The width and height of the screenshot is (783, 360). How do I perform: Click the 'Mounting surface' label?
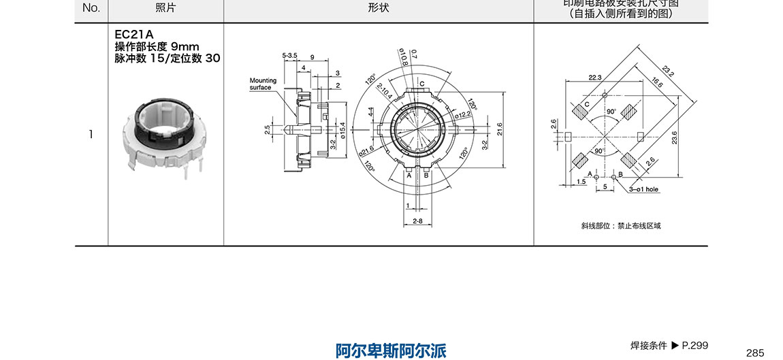[263, 84]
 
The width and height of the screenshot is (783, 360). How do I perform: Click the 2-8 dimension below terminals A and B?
[418, 221]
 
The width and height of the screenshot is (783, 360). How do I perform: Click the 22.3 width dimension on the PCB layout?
[595, 78]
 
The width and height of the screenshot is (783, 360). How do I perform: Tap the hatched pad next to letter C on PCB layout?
[581, 110]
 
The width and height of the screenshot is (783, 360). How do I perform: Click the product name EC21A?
[134, 35]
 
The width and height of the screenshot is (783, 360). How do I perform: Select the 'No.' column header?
[91, 8]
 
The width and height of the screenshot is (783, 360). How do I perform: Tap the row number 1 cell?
[91, 134]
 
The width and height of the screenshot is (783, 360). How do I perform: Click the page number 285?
[755, 353]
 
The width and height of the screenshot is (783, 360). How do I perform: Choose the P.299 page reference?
[695, 346]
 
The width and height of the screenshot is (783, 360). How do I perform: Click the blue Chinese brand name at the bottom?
[391, 350]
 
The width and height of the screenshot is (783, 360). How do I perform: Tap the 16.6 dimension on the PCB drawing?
[656, 84]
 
